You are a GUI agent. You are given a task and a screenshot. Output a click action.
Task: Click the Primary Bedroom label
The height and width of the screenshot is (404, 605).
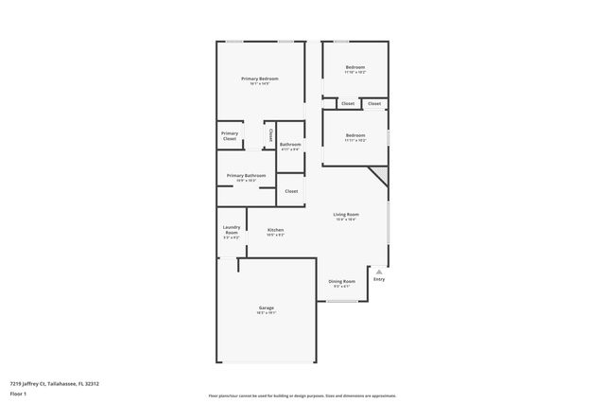(259, 79)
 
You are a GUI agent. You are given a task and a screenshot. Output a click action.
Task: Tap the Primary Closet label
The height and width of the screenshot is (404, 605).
(230, 136)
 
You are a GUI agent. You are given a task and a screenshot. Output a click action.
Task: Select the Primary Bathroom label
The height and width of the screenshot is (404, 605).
(246, 175)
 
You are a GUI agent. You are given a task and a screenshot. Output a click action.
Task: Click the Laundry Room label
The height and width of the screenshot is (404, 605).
(232, 229)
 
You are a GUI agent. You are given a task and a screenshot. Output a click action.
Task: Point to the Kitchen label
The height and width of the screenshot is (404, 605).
(275, 230)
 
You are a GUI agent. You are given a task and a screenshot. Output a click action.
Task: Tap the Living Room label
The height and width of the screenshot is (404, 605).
(346, 215)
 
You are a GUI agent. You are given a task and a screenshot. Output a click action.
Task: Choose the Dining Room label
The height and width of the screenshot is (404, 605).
(341, 281)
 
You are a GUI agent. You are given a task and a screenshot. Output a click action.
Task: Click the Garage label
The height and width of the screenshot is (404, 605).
(267, 308)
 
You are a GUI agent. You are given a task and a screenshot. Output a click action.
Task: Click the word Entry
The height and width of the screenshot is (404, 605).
(379, 279)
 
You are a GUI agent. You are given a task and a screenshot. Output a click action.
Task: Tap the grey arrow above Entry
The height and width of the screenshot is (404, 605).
(379, 272)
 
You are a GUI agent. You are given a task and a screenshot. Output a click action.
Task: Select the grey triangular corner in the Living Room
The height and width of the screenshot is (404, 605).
(381, 173)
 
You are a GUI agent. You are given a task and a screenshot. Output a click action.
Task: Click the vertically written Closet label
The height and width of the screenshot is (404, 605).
(271, 134)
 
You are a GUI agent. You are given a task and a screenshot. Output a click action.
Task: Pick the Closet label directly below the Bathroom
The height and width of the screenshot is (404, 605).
(291, 191)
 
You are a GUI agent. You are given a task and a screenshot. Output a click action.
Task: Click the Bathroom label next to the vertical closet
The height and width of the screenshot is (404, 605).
(290, 144)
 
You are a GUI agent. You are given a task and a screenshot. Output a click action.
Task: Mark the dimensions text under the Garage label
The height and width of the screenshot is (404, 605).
(267, 314)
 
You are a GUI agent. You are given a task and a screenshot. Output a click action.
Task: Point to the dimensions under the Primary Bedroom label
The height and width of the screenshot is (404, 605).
(259, 84)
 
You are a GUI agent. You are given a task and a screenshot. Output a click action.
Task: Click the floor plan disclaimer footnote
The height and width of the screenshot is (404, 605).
(302, 396)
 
